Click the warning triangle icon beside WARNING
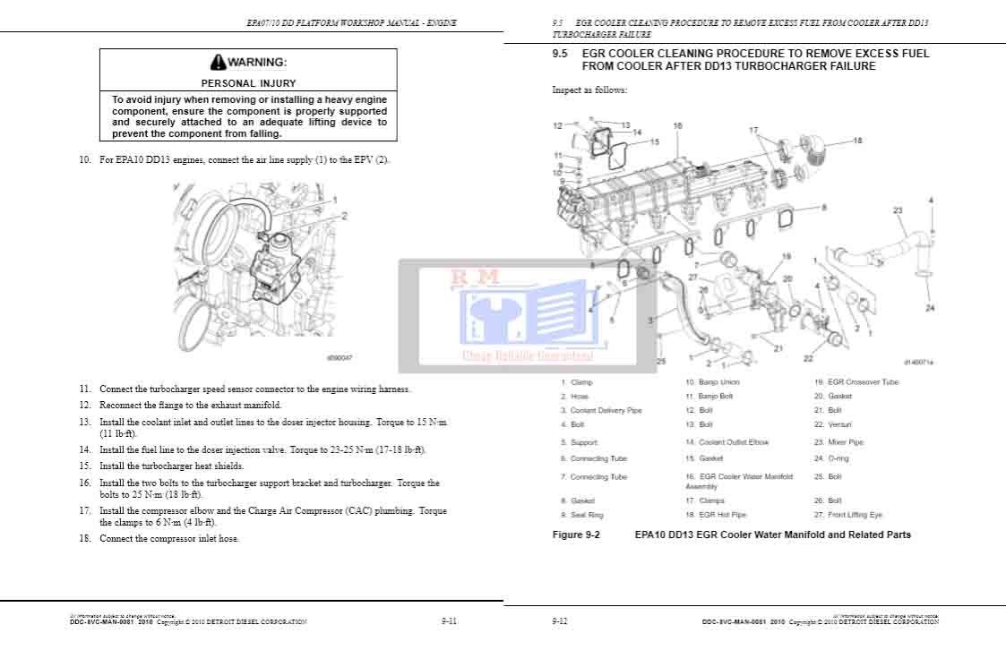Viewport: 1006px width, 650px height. click(218, 63)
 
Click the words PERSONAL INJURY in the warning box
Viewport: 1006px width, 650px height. click(248, 83)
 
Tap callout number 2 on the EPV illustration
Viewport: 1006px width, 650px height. click(344, 215)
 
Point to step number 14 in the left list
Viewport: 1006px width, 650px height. click(84, 449)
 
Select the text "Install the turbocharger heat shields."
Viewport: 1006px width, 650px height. click(171, 466)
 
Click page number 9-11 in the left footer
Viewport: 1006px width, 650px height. click(450, 620)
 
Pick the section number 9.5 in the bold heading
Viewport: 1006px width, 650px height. click(561, 54)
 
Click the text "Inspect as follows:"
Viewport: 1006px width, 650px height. click(589, 90)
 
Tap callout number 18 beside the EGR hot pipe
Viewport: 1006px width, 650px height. click(857, 141)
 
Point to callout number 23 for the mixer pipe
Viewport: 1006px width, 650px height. click(897, 210)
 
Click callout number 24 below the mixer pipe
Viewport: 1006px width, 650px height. click(930, 308)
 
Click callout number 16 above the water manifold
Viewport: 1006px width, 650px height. click(677, 126)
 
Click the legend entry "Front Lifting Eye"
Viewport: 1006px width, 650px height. click(855, 515)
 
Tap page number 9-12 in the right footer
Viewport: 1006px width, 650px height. click(560, 620)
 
